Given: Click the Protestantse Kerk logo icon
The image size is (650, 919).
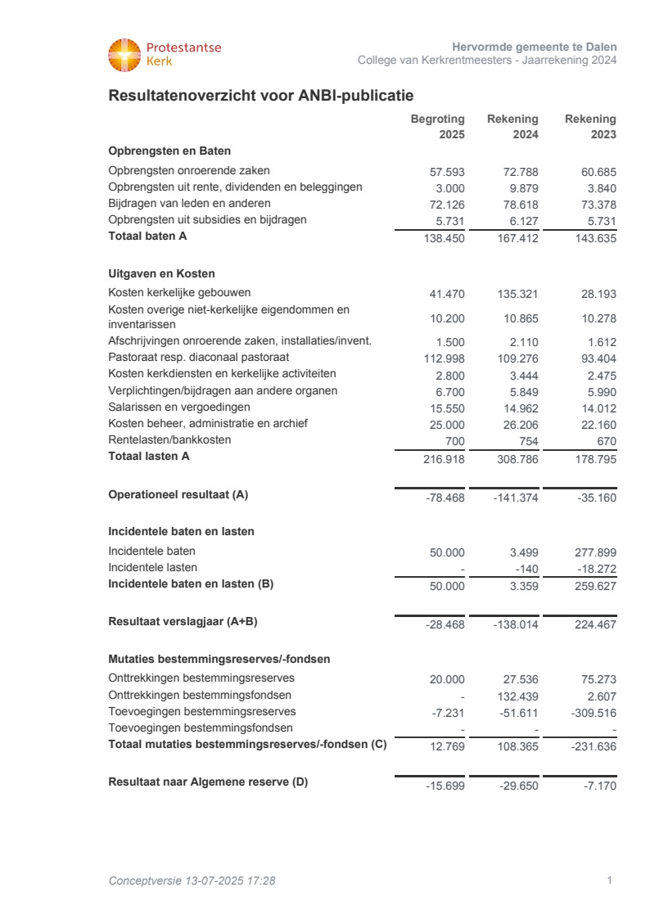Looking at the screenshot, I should tap(124, 55).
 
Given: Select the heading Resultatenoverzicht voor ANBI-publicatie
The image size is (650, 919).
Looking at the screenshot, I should tap(260, 97).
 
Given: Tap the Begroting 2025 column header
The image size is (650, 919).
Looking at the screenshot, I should tap(437, 127).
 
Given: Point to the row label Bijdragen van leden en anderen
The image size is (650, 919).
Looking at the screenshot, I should tap(189, 203).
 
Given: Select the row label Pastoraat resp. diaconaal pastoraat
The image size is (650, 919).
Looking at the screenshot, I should tap(199, 358).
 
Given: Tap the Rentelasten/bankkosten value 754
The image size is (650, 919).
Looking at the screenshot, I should tap(528, 442).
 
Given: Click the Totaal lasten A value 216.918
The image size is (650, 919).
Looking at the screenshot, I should tap(442, 460).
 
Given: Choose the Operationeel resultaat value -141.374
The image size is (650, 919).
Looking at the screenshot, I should tap(516, 498).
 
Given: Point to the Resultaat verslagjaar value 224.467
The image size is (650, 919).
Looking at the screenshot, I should tap(595, 624).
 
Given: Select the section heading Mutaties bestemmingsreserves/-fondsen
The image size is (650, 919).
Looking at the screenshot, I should tap(219, 659).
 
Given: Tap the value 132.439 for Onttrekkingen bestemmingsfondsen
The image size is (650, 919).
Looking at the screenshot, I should tap(517, 696).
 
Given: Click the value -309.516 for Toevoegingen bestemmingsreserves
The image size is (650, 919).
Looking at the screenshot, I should tap(592, 713).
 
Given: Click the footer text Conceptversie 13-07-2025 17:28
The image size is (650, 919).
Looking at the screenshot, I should tap(192, 881).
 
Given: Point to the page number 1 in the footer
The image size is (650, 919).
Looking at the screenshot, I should tap(610, 881).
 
